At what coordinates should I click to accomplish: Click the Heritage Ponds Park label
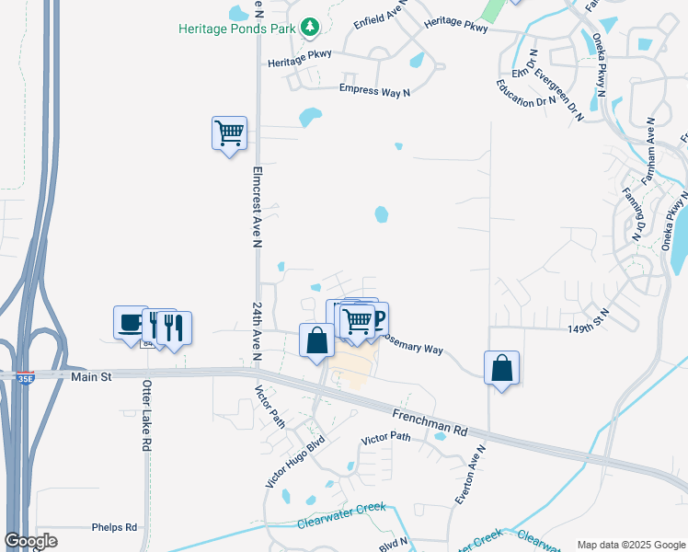click(236, 29)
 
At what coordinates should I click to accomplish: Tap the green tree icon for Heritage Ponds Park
click(311, 28)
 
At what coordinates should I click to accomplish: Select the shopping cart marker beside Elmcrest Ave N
click(229, 133)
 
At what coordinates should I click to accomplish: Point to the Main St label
click(90, 377)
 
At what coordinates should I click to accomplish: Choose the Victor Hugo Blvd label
click(284, 463)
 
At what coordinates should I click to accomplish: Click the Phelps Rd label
click(114, 527)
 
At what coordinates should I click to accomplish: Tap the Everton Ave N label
click(469, 474)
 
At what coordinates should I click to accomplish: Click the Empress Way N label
click(374, 89)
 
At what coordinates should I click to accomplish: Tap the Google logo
click(30, 540)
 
